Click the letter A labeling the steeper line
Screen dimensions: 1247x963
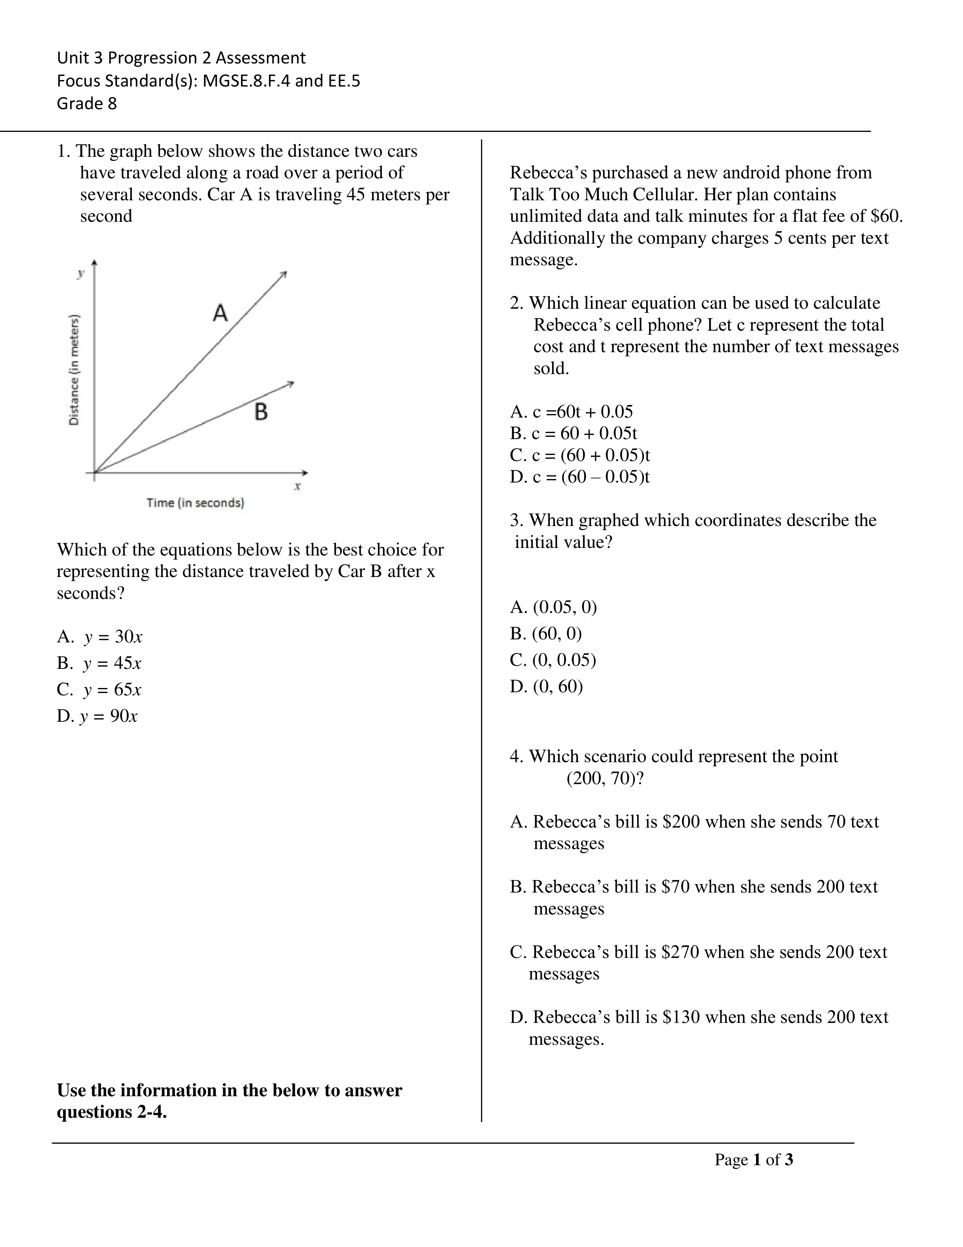click(220, 313)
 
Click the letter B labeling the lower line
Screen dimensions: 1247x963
click(261, 412)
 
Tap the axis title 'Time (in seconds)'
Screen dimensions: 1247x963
click(195, 503)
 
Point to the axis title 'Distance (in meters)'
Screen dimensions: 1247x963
click(74, 370)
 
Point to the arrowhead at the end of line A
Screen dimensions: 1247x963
click(284, 274)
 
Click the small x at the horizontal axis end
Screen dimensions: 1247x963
click(297, 486)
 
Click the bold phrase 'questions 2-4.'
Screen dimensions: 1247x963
click(112, 1112)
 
